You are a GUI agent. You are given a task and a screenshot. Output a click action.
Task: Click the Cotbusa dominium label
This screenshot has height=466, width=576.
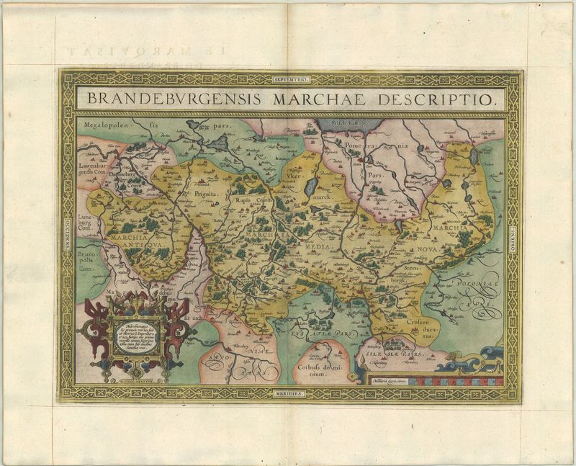click(x=316, y=370)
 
